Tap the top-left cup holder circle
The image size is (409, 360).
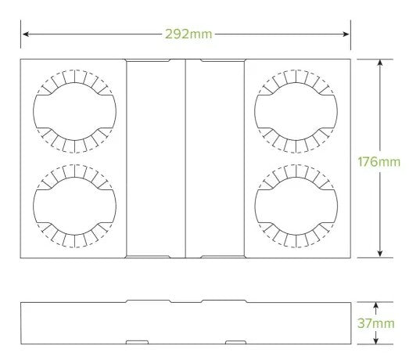click(x=74, y=110)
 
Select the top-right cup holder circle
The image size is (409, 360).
click(x=296, y=110)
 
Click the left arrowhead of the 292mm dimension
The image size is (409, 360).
click(x=25, y=34)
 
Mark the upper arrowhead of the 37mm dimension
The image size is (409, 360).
click(x=376, y=306)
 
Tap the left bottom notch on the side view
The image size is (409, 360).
click(x=138, y=342)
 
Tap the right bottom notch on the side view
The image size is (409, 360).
click(x=235, y=342)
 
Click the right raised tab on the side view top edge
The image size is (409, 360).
click(x=223, y=300)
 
